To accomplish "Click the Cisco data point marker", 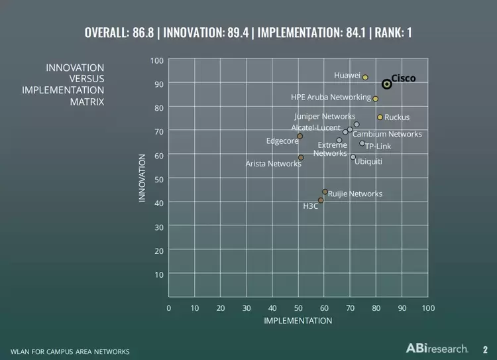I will click(x=386, y=84).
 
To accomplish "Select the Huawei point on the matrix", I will click(x=365, y=78).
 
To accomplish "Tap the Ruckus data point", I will click(x=380, y=117).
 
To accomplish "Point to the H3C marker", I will click(x=321, y=200).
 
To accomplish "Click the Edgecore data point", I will click(x=300, y=136).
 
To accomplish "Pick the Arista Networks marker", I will click(x=301, y=158).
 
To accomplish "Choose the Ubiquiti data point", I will click(x=353, y=157).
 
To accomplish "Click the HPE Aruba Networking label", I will click(x=331, y=97).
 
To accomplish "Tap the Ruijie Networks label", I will click(x=355, y=194).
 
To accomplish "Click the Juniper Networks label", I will click(x=325, y=117).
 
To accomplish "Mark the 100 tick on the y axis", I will click(x=156, y=60).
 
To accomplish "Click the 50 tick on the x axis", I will click(x=298, y=308).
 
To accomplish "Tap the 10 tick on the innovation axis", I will click(x=158, y=274).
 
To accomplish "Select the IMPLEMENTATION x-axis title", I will click(x=298, y=321).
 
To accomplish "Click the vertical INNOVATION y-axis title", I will click(x=142, y=178).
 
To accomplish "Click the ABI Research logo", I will click(x=437, y=348).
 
